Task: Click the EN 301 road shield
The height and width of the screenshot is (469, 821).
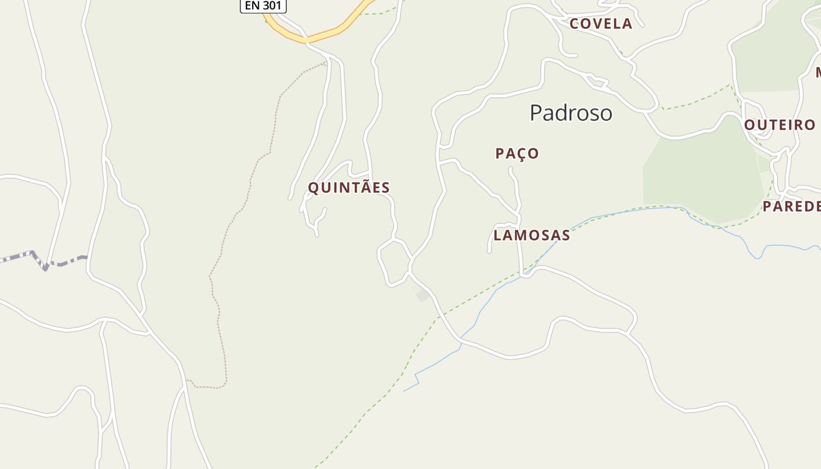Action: tap(263, 6)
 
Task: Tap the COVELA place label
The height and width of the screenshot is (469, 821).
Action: tap(601, 24)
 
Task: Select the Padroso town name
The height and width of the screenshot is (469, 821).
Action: tap(571, 113)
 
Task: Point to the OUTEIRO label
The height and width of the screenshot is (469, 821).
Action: tap(779, 125)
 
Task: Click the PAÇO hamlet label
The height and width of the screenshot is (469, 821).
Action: tap(517, 154)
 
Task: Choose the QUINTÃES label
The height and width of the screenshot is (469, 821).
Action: tap(349, 188)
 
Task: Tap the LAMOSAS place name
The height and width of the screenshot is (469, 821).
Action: tap(531, 235)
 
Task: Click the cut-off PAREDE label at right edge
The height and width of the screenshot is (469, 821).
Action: tap(792, 206)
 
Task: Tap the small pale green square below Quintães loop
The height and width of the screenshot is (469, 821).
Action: tap(422, 296)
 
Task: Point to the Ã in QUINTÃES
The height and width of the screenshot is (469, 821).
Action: tap(365, 187)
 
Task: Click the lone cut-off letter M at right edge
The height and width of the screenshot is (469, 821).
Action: tap(818, 73)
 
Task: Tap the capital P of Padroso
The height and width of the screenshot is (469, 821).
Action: tap(536, 113)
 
